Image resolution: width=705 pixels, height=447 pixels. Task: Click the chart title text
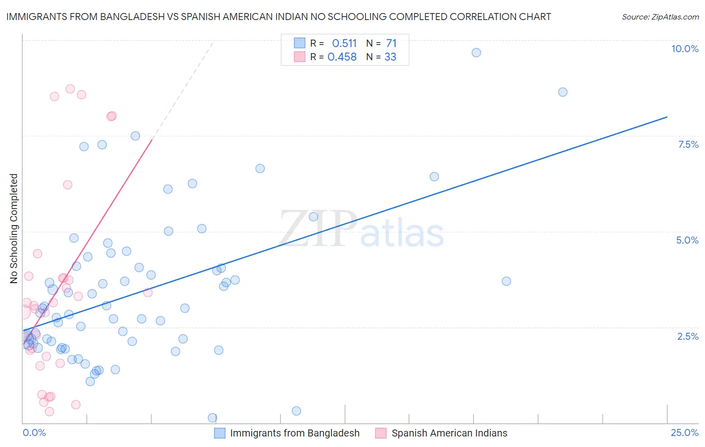(x=278, y=17)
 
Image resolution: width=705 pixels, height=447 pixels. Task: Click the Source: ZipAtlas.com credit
(x=660, y=17)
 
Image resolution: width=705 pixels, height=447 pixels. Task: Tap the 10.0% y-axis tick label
(x=684, y=49)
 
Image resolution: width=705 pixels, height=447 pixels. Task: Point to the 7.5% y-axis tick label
(x=688, y=144)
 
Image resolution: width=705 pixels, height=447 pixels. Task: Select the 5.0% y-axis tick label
(x=687, y=240)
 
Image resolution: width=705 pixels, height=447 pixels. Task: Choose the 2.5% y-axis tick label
(x=688, y=336)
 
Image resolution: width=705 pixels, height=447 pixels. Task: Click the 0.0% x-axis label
(x=34, y=432)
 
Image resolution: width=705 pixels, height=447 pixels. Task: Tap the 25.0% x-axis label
(x=684, y=432)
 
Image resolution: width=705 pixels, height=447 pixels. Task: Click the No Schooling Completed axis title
(x=14, y=229)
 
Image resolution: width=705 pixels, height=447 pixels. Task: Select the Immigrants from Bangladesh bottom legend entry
(x=294, y=433)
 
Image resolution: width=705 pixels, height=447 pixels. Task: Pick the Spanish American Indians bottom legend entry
(x=449, y=433)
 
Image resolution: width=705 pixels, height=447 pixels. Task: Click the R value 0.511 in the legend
(x=344, y=43)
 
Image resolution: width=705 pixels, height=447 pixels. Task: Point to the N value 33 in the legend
(x=390, y=57)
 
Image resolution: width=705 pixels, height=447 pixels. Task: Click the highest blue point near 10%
(x=476, y=53)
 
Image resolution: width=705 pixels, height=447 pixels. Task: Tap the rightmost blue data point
(x=563, y=92)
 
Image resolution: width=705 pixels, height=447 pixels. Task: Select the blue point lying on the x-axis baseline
(x=212, y=417)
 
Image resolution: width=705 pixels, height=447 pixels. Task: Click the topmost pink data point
(x=70, y=89)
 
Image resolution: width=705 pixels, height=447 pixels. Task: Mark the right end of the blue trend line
(x=667, y=117)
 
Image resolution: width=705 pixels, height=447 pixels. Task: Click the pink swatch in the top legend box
(x=299, y=57)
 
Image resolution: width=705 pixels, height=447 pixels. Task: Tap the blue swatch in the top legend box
(x=299, y=43)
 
